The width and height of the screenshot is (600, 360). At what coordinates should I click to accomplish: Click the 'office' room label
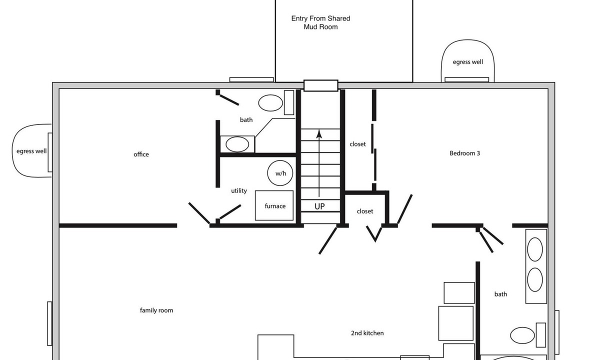pyautogui.click(x=141, y=154)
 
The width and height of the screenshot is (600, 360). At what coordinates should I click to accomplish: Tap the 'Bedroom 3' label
pyautogui.click(x=464, y=153)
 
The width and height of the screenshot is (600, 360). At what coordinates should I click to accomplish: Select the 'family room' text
pyautogui.click(x=156, y=310)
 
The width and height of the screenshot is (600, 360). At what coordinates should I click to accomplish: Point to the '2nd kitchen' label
pyautogui.click(x=367, y=333)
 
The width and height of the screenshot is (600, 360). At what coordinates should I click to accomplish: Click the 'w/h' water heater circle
pyautogui.click(x=280, y=173)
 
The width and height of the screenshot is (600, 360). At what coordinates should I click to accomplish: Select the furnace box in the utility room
pyautogui.click(x=274, y=205)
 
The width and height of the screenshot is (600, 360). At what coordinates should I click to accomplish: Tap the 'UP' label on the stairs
pyautogui.click(x=319, y=206)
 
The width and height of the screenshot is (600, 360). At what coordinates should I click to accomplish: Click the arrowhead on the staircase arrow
pyautogui.click(x=319, y=134)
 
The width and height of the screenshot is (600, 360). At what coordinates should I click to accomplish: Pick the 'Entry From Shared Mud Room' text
pyautogui.click(x=320, y=22)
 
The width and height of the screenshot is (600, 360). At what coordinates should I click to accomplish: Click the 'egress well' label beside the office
pyautogui.click(x=31, y=151)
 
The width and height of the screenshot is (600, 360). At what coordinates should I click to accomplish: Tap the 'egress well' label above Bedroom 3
pyautogui.click(x=468, y=62)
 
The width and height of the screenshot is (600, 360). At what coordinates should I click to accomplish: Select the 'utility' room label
pyautogui.click(x=239, y=190)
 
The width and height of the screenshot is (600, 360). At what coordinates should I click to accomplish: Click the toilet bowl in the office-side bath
pyautogui.click(x=270, y=103)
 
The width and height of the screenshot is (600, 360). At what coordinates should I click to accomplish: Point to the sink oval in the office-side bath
pyautogui.click(x=237, y=144)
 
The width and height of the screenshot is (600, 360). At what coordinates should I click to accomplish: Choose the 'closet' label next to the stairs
pyautogui.click(x=357, y=144)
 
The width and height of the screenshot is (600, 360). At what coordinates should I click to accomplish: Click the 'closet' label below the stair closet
pyautogui.click(x=365, y=211)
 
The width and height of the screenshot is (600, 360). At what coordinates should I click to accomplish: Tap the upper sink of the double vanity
pyautogui.click(x=535, y=249)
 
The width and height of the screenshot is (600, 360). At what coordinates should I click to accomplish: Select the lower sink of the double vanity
pyautogui.click(x=535, y=279)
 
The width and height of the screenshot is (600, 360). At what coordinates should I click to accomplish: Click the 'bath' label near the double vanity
pyautogui.click(x=500, y=294)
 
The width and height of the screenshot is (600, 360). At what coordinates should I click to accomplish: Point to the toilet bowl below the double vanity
pyautogui.click(x=522, y=335)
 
